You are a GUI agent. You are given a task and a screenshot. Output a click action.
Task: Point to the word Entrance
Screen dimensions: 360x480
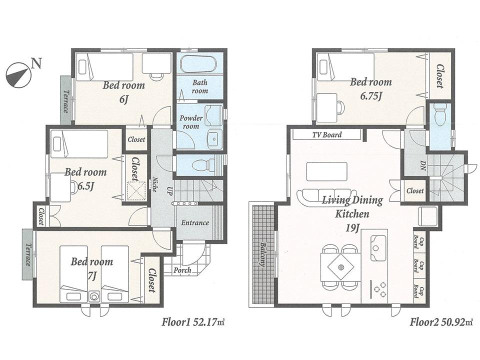click(x=194, y=222)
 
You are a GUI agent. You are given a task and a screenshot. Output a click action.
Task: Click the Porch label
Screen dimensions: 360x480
click(x=182, y=270)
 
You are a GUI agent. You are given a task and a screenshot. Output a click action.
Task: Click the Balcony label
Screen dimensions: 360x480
click(x=263, y=255)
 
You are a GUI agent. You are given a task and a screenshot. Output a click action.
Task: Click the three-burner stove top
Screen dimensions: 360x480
click(x=378, y=289)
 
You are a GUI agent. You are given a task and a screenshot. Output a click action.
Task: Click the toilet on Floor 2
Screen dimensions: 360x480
click(x=440, y=116)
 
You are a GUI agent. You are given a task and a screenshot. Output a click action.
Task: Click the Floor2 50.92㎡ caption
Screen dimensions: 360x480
click(x=441, y=322)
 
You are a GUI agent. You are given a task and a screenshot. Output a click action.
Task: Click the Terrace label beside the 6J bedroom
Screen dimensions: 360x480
click(x=65, y=101)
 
